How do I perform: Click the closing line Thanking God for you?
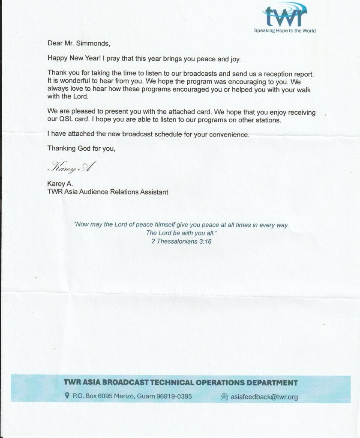pos(81,149)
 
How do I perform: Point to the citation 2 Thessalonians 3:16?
pos(181,241)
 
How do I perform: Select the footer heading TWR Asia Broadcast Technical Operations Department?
pos(180,382)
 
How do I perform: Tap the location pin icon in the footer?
pos(67,396)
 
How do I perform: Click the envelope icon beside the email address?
pos(223,397)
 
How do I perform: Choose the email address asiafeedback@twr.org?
pos(264,397)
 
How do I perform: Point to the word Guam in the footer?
pos(143,396)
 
